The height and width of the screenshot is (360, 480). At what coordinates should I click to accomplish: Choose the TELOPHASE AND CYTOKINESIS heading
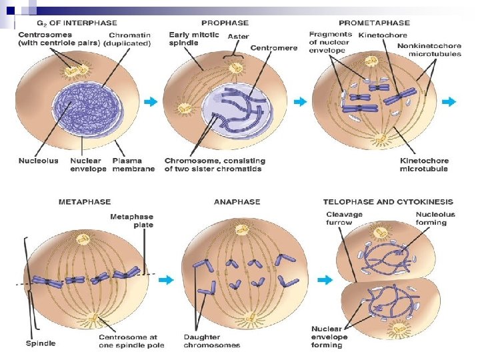click(388, 201)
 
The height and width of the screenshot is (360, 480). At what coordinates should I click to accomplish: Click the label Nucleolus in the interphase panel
click(39, 161)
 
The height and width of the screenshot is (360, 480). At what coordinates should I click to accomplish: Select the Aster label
click(238, 35)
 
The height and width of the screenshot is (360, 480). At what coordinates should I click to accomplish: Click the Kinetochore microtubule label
click(424, 165)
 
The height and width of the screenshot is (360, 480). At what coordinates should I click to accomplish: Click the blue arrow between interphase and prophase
click(152, 102)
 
